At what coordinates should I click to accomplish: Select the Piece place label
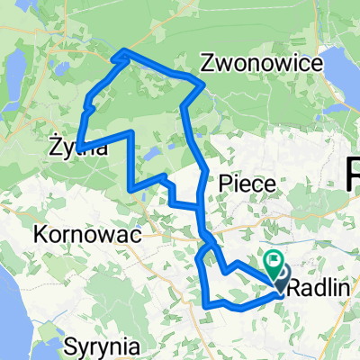click(246, 183)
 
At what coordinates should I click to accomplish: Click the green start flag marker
click(274, 261)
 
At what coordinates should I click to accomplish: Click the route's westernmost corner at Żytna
click(78, 147)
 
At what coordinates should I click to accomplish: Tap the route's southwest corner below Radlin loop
click(207, 305)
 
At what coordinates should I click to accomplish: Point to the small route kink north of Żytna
click(88, 106)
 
